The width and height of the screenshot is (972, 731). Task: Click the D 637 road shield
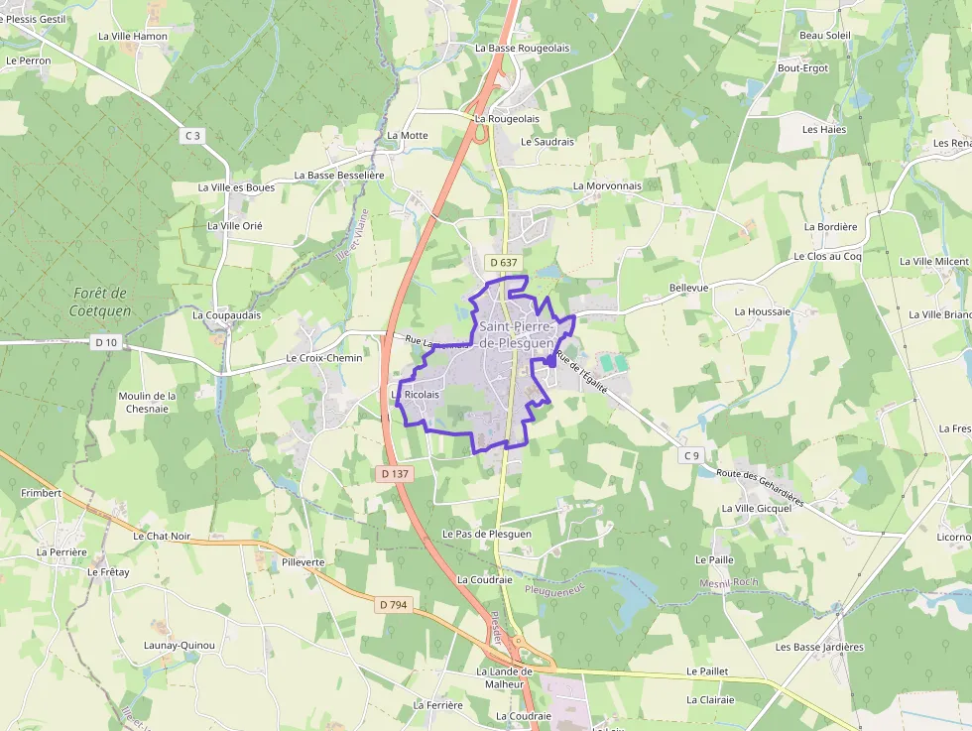pos(503,263)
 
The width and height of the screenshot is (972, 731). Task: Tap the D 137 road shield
pos(394,474)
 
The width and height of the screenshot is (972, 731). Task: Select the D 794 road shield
pos(394,604)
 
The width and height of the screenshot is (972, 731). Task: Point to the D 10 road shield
pos(105,342)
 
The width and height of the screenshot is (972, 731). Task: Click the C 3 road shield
pos(192,135)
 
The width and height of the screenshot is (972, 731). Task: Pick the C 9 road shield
pos(691,455)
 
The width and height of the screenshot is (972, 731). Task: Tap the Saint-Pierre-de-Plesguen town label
pos(517,334)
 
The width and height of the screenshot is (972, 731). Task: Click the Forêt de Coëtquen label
pos(100,302)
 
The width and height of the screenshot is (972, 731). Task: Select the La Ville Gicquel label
pos(756,509)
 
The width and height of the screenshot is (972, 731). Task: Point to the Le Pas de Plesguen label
pos(487,534)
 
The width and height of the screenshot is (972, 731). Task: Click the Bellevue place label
pos(689,288)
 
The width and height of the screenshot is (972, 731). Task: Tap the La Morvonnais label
pos(607,185)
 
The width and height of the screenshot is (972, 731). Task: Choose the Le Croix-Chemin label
pos(324,357)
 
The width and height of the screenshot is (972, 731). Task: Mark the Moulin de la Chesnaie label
pos(147,402)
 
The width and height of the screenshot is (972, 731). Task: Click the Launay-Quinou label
pos(180,645)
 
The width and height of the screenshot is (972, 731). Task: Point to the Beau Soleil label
pos(825,35)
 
